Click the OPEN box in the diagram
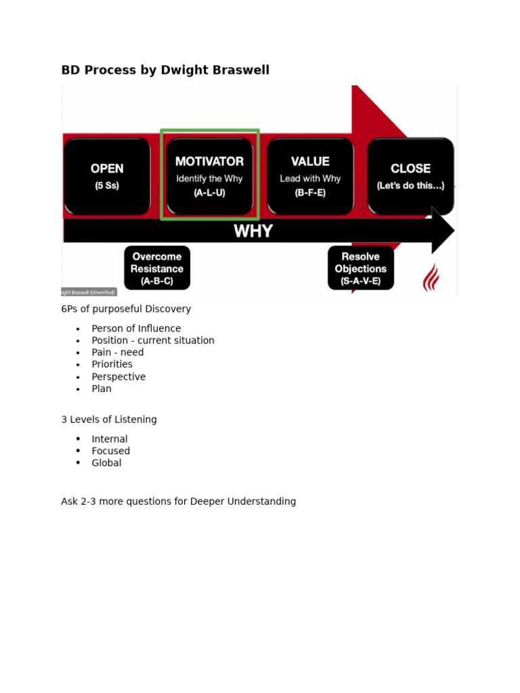click(107, 176)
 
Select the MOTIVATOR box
click(209, 176)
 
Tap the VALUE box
click(310, 176)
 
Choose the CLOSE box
click(410, 176)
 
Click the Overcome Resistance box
click(157, 268)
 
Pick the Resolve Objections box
click(360, 268)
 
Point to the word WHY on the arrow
click(253, 231)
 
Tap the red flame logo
click(431, 277)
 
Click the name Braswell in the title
click(243, 70)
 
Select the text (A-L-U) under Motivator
click(209, 193)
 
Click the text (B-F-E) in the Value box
click(310, 193)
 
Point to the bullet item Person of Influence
click(136, 329)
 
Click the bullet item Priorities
click(112, 365)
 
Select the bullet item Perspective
click(118, 377)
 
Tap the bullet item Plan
click(102, 389)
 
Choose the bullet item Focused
click(110, 451)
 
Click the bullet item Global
click(106, 464)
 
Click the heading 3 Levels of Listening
click(109, 420)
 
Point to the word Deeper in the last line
click(209, 502)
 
